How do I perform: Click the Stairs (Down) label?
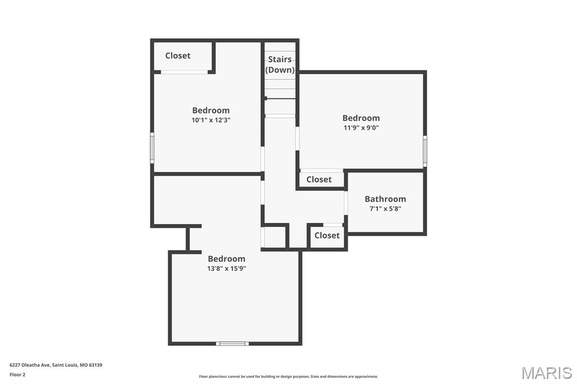click(280, 65)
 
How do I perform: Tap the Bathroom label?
click(385, 199)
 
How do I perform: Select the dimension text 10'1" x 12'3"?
click(211, 120)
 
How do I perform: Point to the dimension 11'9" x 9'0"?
click(361, 127)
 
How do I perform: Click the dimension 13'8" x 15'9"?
click(227, 269)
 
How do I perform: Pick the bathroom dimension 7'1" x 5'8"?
click(385, 208)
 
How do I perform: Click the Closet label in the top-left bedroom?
click(177, 56)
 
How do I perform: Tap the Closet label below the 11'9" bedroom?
click(319, 180)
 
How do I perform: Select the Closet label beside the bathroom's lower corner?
click(327, 235)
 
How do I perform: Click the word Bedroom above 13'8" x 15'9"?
click(227, 259)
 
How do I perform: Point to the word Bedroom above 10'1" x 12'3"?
click(211, 110)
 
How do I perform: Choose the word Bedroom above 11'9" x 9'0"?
click(361, 118)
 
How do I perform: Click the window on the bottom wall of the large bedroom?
click(232, 343)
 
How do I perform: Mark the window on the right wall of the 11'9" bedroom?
click(425, 151)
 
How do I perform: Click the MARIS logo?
click(546, 373)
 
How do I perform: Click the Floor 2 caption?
click(17, 374)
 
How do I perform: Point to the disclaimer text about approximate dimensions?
click(288, 377)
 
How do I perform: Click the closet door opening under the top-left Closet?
click(184, 72)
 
